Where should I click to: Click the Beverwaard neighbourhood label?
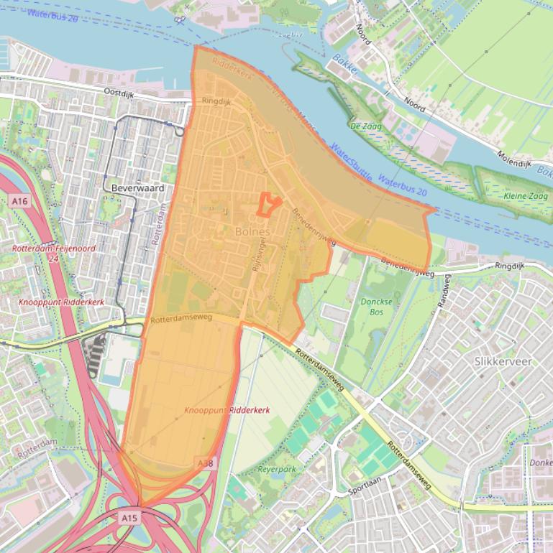click(x=138, y=188)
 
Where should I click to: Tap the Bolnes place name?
click(x=252, y=232)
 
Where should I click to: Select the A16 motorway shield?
click(x=19, y=202)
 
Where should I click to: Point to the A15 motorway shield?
click(x=129, y=517)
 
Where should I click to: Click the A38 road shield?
click(x=205, y=465)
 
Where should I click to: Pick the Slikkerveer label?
click(x=503, y=361)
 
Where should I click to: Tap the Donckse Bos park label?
click(x=378, y=307)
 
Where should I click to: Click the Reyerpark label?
click(x=277, y=470)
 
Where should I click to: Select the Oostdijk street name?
click(x=119, y=92)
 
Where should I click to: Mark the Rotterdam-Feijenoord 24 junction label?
click(x=53, y=253)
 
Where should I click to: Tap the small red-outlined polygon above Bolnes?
click(x=268, y=205)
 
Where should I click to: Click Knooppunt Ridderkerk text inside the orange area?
click(x=227, y=409)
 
